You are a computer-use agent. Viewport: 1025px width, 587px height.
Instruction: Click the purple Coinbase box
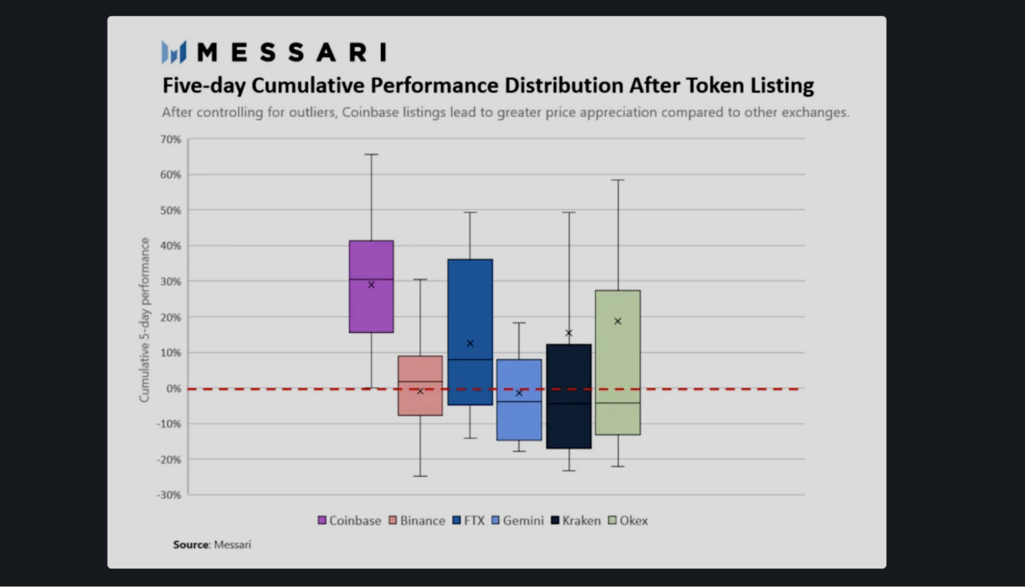[x=371, y=307]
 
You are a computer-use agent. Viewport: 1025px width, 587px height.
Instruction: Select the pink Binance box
[x=420, y=401]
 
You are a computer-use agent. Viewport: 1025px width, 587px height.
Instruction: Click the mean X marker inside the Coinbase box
[x=372, y=284]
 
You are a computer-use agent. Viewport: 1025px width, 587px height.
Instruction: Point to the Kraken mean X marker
[x=569, y=333]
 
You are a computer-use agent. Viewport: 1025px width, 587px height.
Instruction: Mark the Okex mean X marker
[x=618, y=321]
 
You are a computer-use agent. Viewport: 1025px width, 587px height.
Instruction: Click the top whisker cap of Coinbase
[x=371, y=154]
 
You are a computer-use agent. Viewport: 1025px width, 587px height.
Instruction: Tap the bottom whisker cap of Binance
[x=420, y=476]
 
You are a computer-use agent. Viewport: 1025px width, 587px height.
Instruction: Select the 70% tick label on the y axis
[x=170, y=140]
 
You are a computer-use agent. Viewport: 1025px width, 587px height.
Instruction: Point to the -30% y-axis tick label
[x=169, y=495]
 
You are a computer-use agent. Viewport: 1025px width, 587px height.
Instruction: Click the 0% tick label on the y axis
[x=174, y=389]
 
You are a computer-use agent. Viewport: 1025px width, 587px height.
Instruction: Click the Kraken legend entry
[x=576, y=520]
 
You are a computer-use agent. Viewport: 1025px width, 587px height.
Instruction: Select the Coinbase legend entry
[x=350, y=520]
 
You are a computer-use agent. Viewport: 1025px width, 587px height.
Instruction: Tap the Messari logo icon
[x=174, y=51]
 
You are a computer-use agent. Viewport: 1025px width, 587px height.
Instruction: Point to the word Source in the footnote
[x=192, y=544]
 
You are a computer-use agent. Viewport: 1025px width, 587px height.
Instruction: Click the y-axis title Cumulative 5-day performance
[x=144, y=320]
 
